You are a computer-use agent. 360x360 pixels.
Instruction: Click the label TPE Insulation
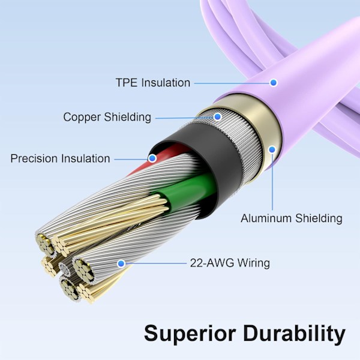click(x=152, y=83)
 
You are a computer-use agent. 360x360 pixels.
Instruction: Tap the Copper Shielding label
click(x=107, y=117)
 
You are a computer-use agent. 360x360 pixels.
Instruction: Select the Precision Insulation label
click(x=60, y=159)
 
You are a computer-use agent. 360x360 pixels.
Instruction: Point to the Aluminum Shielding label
click(x=292, y=218)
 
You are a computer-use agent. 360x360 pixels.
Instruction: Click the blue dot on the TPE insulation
click(x=273, y=82)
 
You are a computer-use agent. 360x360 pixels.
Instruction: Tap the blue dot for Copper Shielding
click(x=218, y=117)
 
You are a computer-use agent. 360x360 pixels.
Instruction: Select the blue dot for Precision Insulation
click(x=152, y=159)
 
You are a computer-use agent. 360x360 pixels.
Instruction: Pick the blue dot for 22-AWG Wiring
click(x=121, y=263)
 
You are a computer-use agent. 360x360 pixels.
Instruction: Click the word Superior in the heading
click(x=188, y=332)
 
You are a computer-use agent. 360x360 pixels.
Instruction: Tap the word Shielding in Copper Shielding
click(x=129, y=117)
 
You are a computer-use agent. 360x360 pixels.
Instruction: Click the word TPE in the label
click(x=125, y=83)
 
